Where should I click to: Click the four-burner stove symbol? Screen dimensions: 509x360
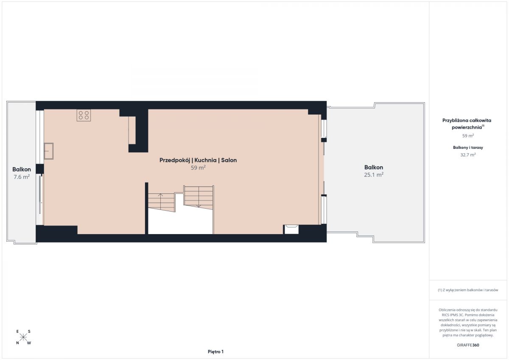pyautogui.click(x=84, y=115)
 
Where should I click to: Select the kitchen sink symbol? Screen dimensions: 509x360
pyautogui.click(x=48, y=151)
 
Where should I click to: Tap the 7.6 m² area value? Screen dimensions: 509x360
pyautogui.click(x=22, y=177)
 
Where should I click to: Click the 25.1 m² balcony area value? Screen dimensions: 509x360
pyautogui.click(x=374, y=175)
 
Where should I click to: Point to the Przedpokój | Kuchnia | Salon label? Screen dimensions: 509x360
pyautogui.click(x=198, y=160)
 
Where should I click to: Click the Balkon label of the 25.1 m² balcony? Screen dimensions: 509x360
pyautogui.click(x=374, y=167)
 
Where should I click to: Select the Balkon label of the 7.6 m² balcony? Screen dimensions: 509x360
pyautogui.click(x=22, y=169)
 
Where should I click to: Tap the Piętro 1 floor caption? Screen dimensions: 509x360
pyautogui.click(x=215, y=352)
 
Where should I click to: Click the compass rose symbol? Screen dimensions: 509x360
pyautogui.click(x=23, y=337)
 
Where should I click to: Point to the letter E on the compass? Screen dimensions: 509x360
pyautogui.click(x=17, y=332)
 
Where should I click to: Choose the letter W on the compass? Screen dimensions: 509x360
pyautogui.click(x=29, y=343)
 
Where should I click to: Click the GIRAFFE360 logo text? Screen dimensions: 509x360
pyautogui.click(x=468, y=345)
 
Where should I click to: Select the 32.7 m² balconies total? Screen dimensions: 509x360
pyautogui.click(x=468, y=155)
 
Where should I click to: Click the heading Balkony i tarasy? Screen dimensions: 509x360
pyautogui.click(x=468, y=148)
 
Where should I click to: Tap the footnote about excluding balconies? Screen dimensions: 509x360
pyautogui.click(x=468, y=290)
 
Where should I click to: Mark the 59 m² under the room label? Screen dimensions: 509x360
pyautogui.click(x=198, y=167)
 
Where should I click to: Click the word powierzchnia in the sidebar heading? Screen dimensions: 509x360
pyautogui.click(x=467, y=127)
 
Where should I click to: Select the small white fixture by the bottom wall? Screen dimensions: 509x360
pyautogui.click(x=291, y=229)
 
